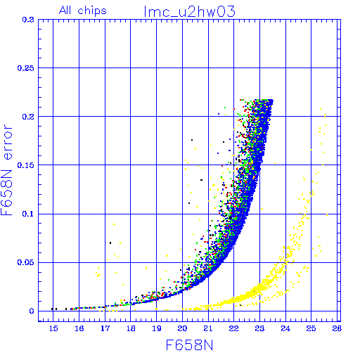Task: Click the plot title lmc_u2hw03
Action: [x=189, y=12]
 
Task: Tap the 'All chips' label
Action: [x=83, y=11]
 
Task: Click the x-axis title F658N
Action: [x=189, y=345]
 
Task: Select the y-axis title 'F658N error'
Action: [x=6, y=170]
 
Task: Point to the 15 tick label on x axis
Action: [x=53, y=328]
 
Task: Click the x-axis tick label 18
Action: [x=131, y=328]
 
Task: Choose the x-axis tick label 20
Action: [x=182, y=328]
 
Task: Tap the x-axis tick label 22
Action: [x=234, y=328]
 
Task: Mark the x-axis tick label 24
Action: [x=285, y=328]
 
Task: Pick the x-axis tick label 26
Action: [x=337, y=328]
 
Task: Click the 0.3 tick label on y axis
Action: [x=28, y=20]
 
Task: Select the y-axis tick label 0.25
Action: [x=26, y=68]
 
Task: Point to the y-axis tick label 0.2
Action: [x=28, y=117]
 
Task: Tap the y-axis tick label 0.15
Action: [x=26, y=165]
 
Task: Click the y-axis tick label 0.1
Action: [x=28, y=214]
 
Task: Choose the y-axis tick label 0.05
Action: [x=26, y=262]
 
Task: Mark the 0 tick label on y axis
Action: [x=32, y=311]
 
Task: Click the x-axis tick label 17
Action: [x=105, y=328]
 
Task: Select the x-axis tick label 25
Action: [x=311, y=328]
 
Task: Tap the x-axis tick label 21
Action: [x=208, y=328]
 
